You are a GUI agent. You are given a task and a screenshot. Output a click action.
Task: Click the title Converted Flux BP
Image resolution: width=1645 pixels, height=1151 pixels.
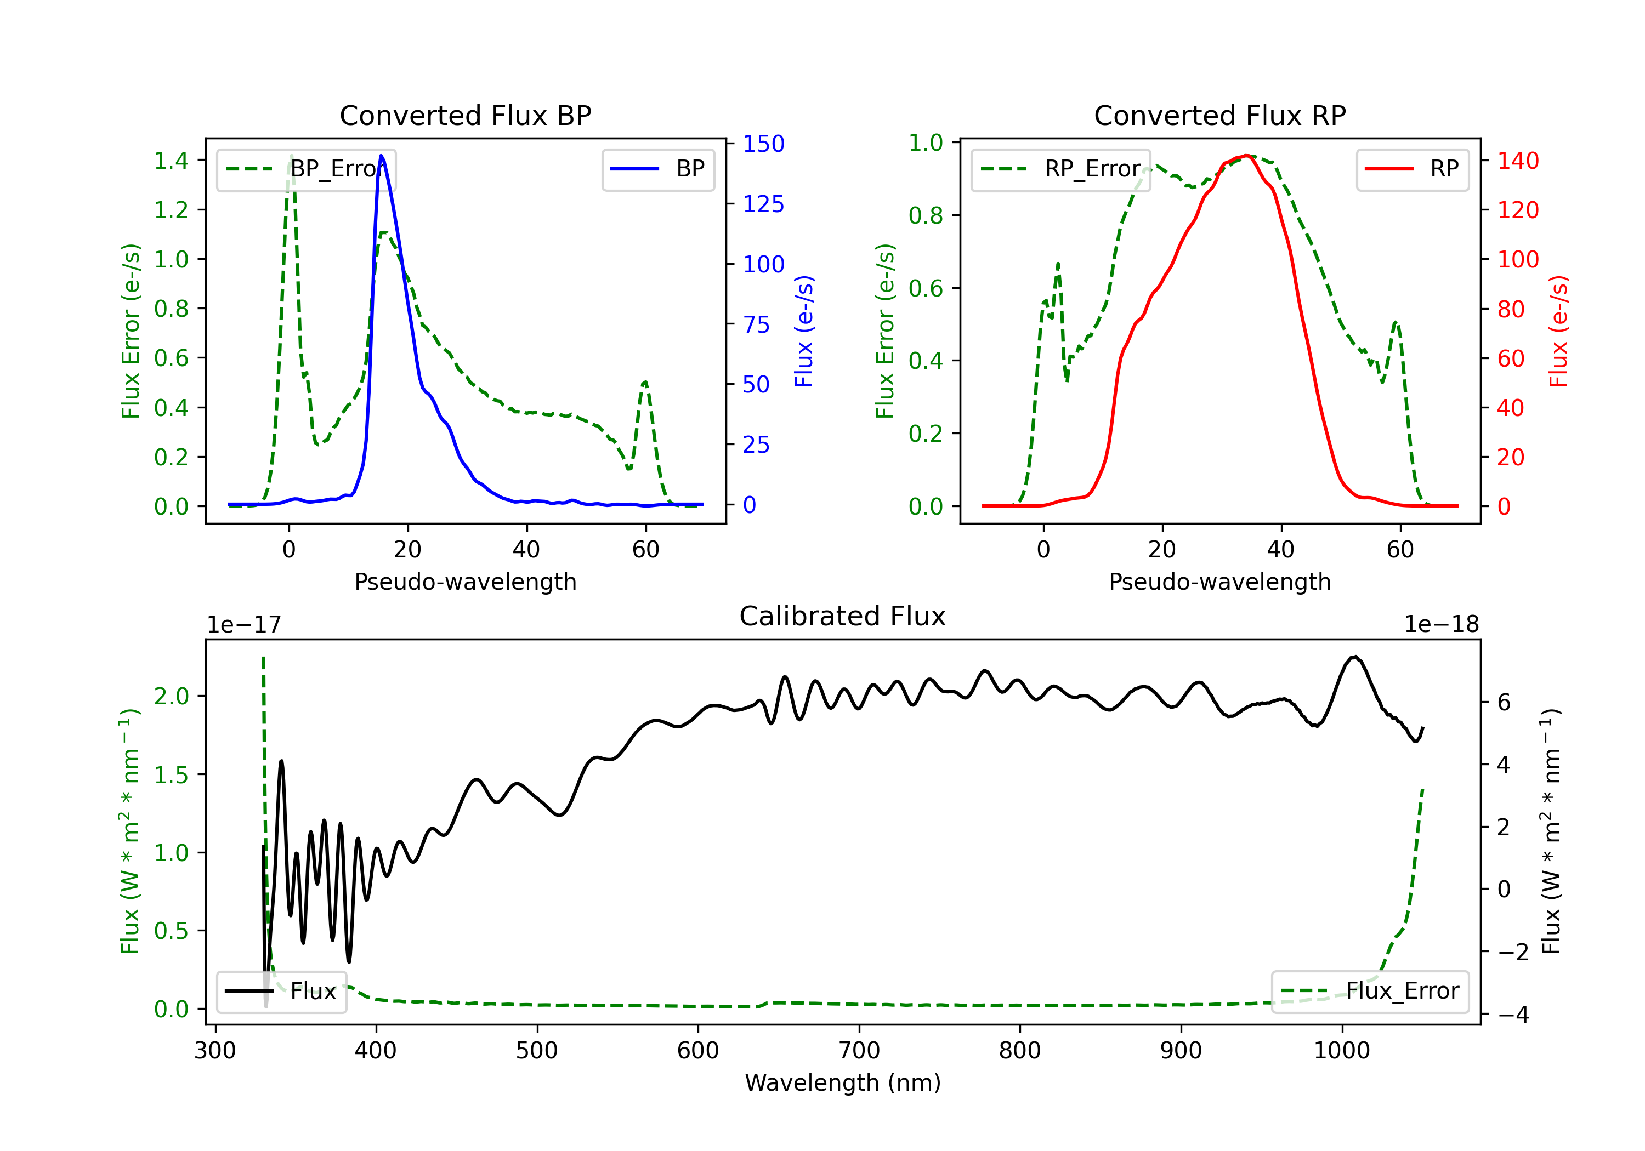click(x=465, y=115)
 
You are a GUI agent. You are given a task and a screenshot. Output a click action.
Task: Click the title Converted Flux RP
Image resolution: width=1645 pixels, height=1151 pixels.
click(x=1219, y=115)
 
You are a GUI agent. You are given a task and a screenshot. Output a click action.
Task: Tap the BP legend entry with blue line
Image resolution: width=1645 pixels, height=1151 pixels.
click(x=659, y=169)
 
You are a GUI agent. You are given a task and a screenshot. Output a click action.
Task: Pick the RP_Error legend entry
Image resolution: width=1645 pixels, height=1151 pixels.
click(x=1060, y=169)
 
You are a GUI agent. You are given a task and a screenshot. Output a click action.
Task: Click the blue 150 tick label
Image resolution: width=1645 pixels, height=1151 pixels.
click(x=763, y=144)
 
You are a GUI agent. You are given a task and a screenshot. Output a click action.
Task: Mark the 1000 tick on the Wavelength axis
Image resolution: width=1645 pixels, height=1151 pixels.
click(x=1341, y=1050)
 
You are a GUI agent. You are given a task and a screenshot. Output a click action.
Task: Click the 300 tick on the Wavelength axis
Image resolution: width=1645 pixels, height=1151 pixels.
click(x=215, y=1050)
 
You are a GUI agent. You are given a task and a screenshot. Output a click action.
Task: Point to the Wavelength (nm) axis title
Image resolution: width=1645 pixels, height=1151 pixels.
click(x=843, y=1082)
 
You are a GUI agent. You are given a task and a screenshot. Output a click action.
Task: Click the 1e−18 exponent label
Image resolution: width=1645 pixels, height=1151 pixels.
click(x=1441, y=625)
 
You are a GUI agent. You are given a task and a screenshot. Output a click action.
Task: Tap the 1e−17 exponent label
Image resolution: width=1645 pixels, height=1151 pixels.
click(x=243, y=625)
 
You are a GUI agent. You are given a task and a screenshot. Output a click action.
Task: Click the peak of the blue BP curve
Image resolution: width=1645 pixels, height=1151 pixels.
click(x=381, y=156)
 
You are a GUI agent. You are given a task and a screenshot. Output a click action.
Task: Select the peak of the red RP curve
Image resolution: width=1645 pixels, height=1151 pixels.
click(x=1247, y=156)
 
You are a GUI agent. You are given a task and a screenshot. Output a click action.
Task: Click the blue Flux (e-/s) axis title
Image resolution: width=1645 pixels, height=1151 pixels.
click(x=804, y=331)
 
